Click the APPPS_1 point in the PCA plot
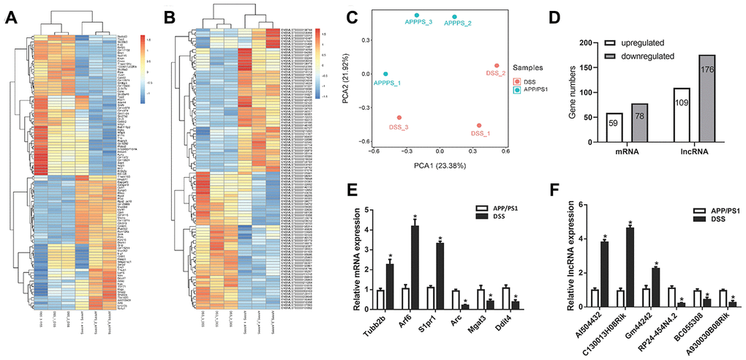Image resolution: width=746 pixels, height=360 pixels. coord(386,74)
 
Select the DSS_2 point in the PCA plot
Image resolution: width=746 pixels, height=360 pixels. coord(497,66)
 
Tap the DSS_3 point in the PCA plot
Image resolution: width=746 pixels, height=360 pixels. coord(399,118)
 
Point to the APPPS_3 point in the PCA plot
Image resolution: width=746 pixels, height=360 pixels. coord(417,15)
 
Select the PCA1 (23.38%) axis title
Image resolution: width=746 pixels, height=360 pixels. coord(441,166)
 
